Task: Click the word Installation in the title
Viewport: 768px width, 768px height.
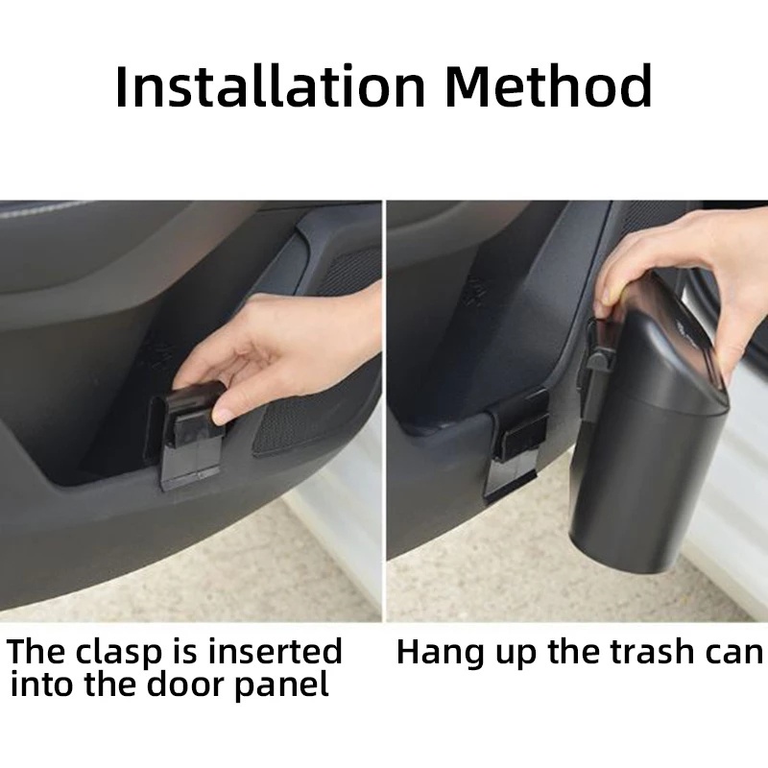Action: [x=271, y=86]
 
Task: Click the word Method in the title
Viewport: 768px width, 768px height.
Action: [x=549, y=85]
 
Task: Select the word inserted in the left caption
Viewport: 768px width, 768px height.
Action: [x=272, y=651]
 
